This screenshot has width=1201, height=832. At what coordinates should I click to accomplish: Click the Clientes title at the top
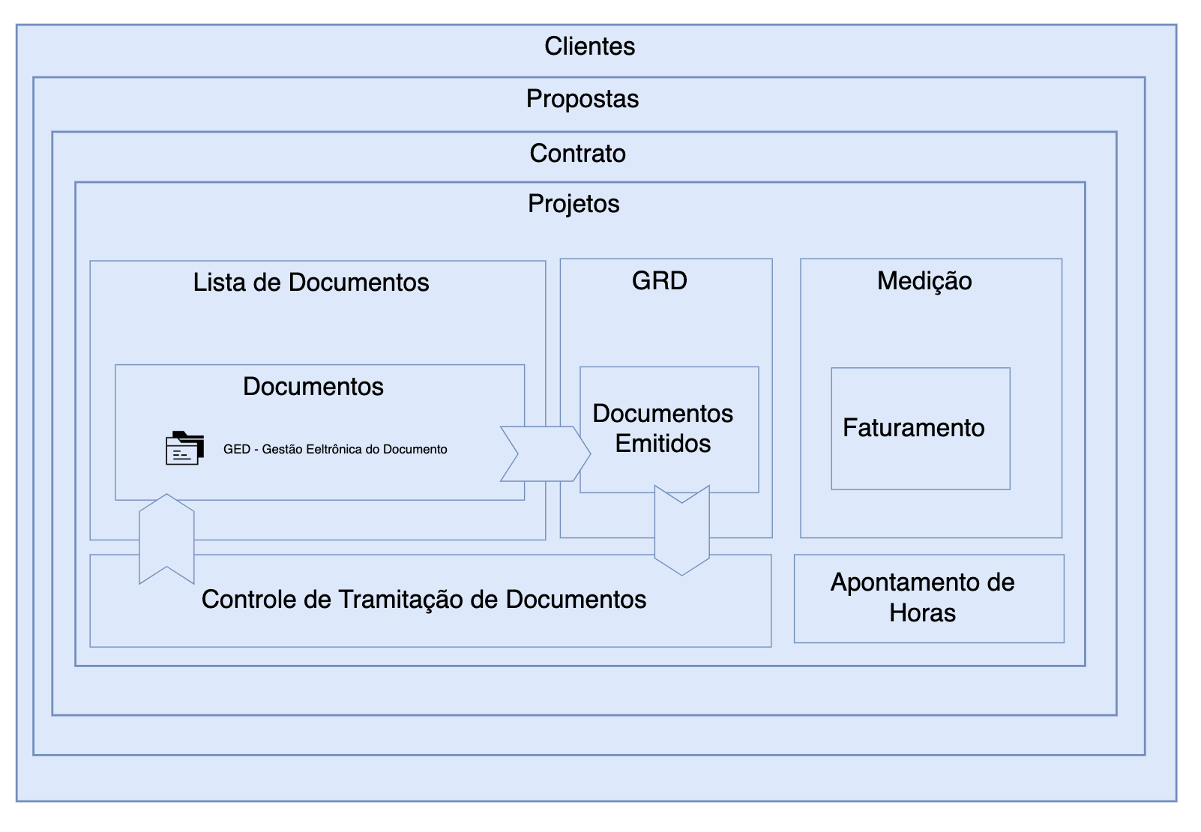pos(589,46)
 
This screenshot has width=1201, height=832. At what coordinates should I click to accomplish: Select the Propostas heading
pos(583,99)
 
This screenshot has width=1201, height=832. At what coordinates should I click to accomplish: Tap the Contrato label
pos(577,154)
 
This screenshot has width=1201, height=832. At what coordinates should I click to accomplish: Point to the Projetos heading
pos(574,204)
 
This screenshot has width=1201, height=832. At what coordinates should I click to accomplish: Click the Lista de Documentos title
pos(311,283)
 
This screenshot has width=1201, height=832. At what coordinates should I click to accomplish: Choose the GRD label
pos(660,281)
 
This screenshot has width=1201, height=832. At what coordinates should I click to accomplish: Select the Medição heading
pos(924,281)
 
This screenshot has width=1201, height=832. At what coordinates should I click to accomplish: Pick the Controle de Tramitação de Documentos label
pos(424,600)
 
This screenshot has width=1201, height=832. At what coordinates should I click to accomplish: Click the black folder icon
pos(184,448)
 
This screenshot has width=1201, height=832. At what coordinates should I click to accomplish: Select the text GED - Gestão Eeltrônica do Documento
pos(335,450)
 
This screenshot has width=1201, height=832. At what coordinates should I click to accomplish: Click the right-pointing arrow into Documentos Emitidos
pos(545,453)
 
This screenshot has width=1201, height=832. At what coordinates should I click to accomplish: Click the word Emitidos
pos(663,444)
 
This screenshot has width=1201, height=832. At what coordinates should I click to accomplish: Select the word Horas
pos(922,613)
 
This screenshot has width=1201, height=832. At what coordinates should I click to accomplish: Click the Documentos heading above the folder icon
pos(313,387)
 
